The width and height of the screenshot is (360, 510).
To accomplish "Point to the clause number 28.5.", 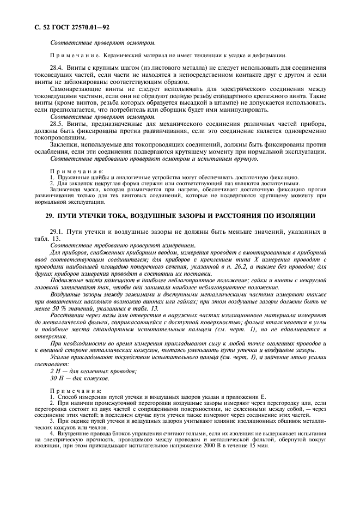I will coord(58,125).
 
